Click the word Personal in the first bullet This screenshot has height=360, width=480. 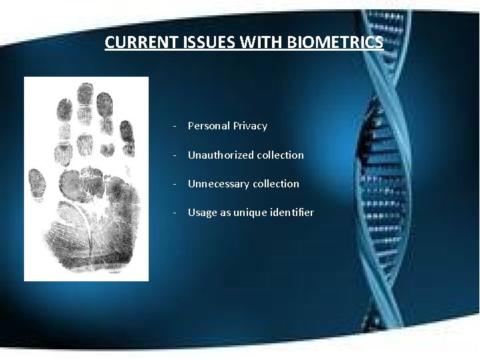tap(209, 125)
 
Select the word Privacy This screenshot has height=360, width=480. tap(250, 125)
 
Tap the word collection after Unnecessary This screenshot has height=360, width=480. tap(273, 183)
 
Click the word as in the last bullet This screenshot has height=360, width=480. tap(225, 213)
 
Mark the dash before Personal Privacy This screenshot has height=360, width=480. tap(173, 126)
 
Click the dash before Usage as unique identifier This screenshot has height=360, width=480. tap(173, 213)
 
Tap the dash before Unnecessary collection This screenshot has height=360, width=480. tap(173, 184)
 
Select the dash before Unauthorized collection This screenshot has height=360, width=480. tap(173, 155)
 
